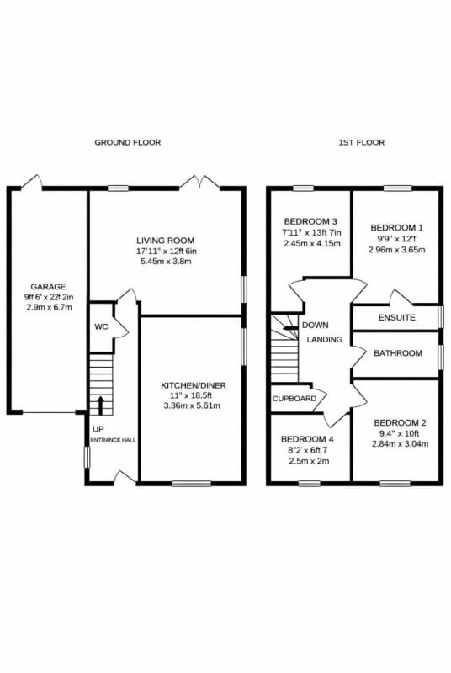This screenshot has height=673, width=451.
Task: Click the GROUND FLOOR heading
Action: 127,142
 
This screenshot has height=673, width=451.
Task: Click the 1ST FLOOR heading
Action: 361,142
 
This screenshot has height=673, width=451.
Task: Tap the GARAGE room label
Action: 48,287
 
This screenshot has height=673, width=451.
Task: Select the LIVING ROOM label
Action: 166,241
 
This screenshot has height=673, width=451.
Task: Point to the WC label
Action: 101,327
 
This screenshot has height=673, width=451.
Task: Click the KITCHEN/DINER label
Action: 193,385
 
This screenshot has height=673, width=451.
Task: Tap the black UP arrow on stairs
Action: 101,405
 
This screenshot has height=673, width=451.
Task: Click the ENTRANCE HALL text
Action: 114,440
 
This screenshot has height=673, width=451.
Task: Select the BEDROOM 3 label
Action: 310,222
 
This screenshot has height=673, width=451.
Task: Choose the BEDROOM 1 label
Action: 397,227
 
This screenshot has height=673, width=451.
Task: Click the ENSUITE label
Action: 397,318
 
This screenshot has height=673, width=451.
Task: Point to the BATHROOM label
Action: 398,353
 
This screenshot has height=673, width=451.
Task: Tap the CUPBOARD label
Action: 294,399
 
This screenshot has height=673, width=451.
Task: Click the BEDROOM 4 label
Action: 307,439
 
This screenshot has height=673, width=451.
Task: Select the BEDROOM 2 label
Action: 400,423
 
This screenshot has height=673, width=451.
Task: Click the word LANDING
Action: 325,340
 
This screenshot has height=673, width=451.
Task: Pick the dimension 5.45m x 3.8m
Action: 166,262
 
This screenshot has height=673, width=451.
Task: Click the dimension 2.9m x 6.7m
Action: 48,307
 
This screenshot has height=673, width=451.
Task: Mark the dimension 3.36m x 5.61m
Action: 192,405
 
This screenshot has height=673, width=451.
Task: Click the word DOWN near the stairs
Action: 316,326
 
